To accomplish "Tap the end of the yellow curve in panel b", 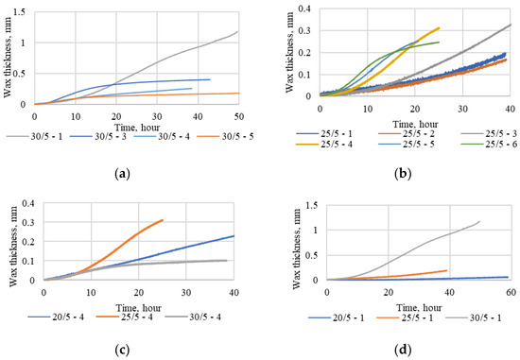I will click(440, 28).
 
